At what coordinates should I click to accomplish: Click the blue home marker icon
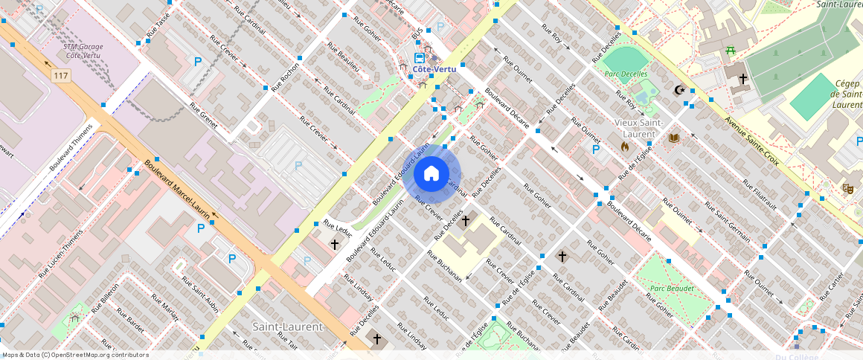coord(431,174)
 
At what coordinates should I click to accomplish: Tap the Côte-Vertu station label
coord(434,69)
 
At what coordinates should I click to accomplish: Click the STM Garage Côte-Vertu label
coord(83,51)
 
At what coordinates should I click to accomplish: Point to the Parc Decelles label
coord(626,74)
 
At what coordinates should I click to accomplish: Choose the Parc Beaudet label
coord(672,288)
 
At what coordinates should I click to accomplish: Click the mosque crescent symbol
coord(678,90)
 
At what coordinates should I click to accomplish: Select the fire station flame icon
coord(625,147)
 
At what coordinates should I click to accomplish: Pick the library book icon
coord(675,138)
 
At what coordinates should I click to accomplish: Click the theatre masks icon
coord(847,189)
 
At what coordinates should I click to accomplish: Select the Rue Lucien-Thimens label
coord(62,252)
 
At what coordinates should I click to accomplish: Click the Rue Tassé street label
coord(158,25)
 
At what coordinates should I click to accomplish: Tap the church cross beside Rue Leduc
coord(335,244)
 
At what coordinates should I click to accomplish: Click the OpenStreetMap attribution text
coord(75,355)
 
